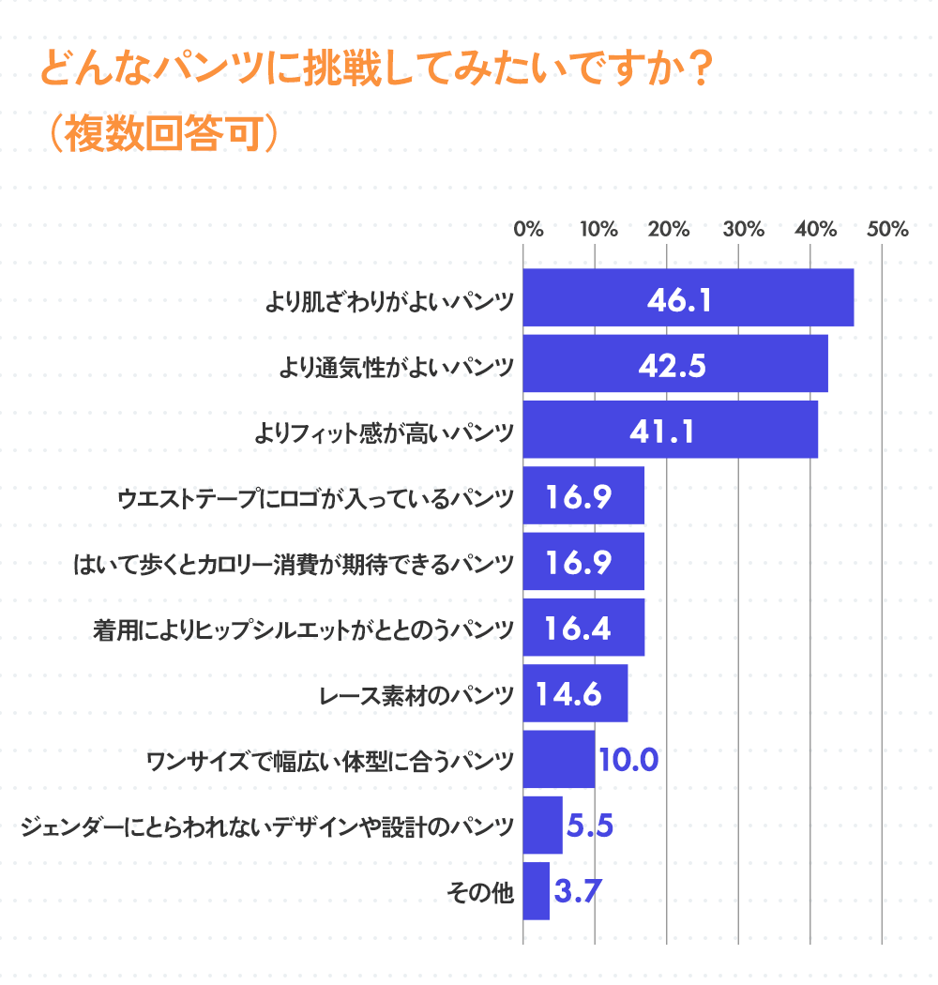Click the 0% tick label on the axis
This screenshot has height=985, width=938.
point(529,229)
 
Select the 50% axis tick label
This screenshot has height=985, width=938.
point(887,229)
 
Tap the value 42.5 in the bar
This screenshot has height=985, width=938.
point(671,365)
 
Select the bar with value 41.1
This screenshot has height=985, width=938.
point(670,431)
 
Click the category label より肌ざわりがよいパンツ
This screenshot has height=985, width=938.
point(388,301)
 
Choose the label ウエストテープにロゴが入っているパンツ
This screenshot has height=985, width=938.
point(315,498)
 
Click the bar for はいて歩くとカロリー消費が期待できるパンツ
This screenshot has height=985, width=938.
point(582,562)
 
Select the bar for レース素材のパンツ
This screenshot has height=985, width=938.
point(574,693)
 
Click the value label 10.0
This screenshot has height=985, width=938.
point(628,759)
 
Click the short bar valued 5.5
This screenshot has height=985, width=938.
point(542,826)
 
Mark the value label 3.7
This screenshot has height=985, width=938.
point(577,891)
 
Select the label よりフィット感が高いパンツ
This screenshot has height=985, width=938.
point(385,432)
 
